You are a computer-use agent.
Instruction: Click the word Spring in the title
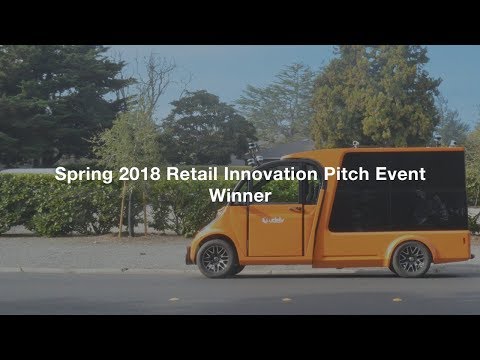[x=81, y=174]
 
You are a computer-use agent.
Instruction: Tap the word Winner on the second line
[x=240, y=196]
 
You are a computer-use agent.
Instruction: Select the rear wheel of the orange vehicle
[x=410, y=258]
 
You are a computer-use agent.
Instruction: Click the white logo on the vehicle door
[x=273, y=220]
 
